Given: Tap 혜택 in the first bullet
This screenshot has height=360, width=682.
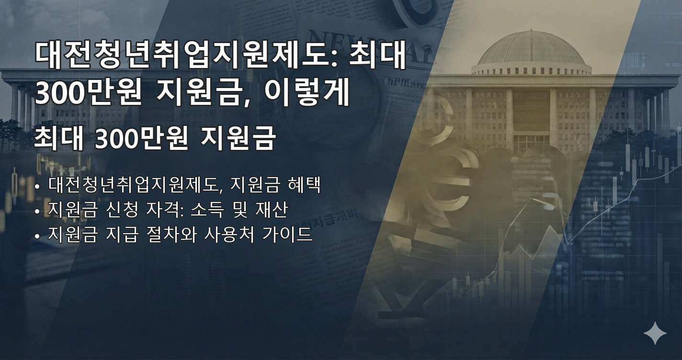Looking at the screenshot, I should tap(305, 185).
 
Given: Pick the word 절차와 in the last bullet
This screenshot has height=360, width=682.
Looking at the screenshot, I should tap(171, 235).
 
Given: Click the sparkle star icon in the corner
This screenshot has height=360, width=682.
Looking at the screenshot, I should tap(655, 333).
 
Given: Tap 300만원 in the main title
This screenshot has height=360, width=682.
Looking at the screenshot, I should tap(88, 94).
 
